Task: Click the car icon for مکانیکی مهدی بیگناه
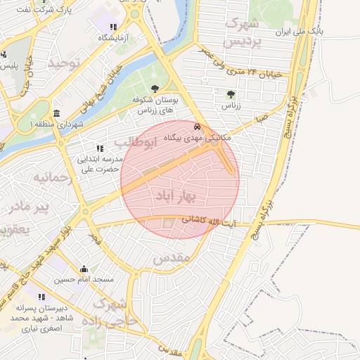[196, 127]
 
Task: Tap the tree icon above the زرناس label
[230, 94]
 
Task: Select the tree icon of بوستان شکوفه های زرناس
[155, 89]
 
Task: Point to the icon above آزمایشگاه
[113, 27]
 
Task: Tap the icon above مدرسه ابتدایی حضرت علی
[99, 148]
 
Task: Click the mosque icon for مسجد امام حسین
[84, 269]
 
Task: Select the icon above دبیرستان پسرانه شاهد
[41, 297]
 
